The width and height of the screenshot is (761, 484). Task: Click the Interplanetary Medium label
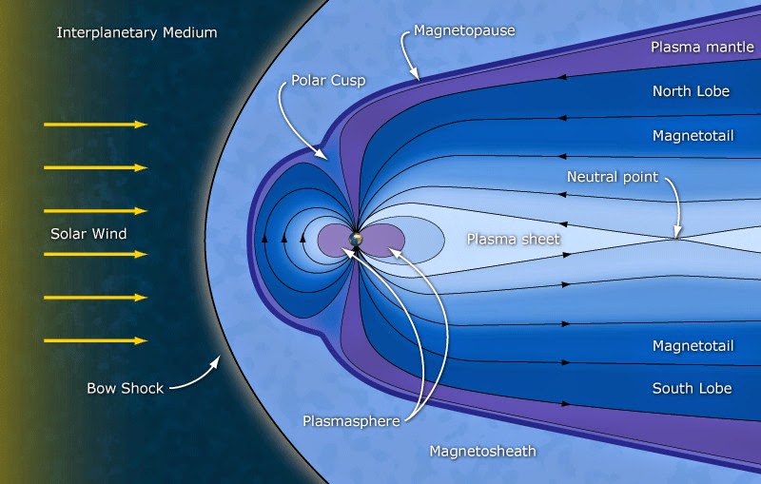[x=137, y=33]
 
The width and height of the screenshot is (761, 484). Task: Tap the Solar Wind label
[x=88, y=233]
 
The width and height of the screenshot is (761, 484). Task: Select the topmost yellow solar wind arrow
[x=96, y=125]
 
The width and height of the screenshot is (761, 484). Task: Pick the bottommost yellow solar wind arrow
[x=96, y=340]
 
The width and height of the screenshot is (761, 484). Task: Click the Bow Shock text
[x=126, y=388]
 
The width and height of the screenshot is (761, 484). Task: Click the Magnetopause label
[x=464, y=31]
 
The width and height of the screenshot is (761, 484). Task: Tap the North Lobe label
[x=692, y=91]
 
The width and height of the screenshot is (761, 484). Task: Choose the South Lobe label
[x=692, y=388]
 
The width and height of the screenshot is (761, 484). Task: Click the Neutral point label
[x=613, y=177]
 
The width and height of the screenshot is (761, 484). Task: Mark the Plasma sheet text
[x=513, y=239]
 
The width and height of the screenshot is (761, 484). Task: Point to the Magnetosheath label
[x=482, y=450]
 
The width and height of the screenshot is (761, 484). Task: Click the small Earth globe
[x=356, y=240]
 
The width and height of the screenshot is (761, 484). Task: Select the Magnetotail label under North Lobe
[x=692, y=136]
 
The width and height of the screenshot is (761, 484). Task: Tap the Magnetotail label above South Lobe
[x=692, y=345]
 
